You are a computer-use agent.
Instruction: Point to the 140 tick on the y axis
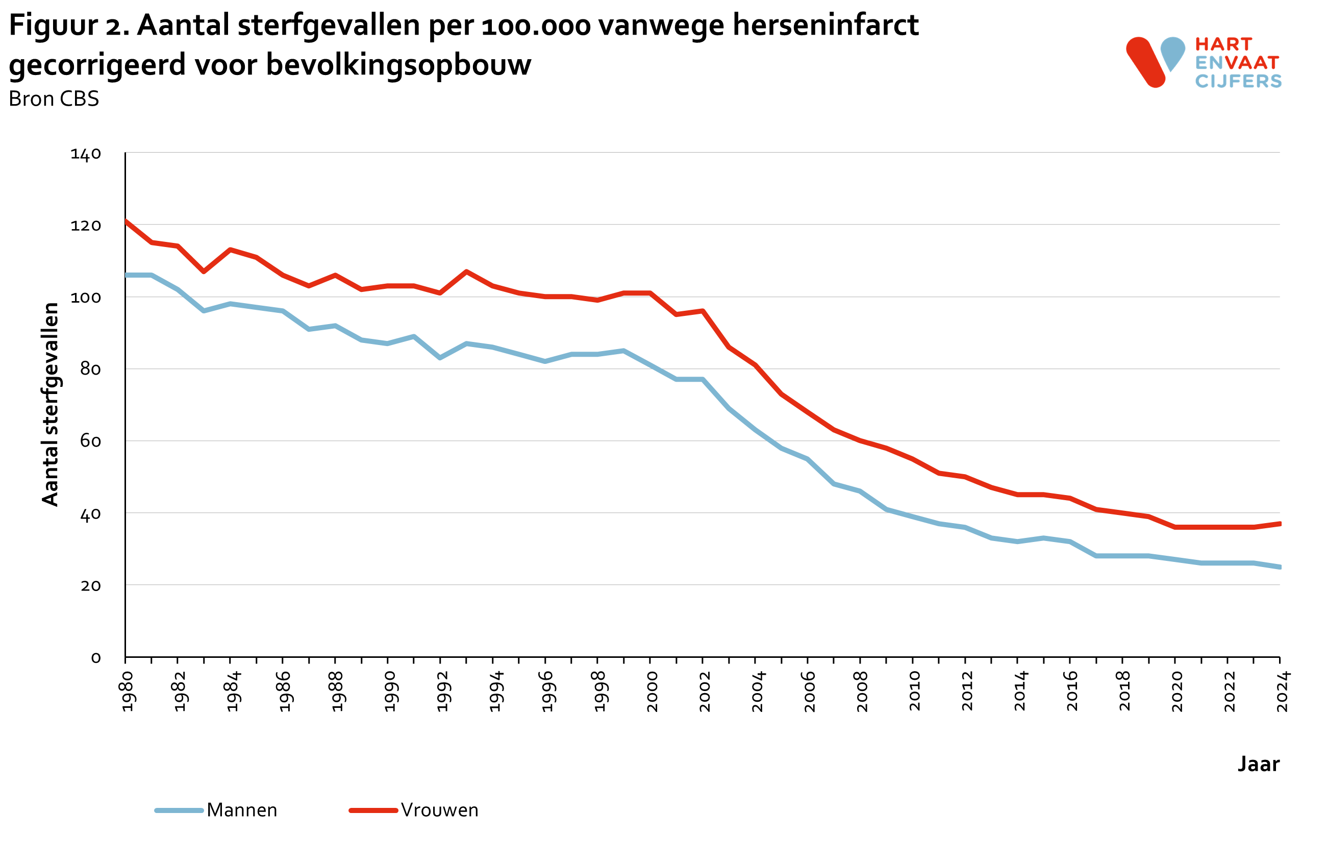click(86, 154)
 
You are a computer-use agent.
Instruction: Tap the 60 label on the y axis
click(90, 441)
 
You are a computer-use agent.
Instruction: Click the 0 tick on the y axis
click(96, 658)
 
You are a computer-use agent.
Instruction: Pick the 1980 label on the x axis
click(128, 692)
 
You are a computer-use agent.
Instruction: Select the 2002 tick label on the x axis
click(705, 692)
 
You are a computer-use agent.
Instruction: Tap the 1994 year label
click(495, 692)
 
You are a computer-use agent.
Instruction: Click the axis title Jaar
click(1258, 764)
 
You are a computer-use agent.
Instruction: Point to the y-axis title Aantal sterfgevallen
click(50, 404)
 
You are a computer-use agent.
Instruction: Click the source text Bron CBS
click(54, 98)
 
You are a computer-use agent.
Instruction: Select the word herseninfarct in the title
click(825, 25)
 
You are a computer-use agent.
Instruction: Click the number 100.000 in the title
click(535, 26)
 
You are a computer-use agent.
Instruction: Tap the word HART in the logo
click(1223, 44)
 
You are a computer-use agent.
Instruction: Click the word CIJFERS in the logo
click(1238, 81)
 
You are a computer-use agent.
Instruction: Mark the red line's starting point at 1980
click(126, 221)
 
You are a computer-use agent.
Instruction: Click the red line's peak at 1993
click(466, 272)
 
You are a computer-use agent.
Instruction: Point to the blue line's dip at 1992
click(440, 358)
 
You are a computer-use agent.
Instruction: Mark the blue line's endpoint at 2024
click(1280, 567)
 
